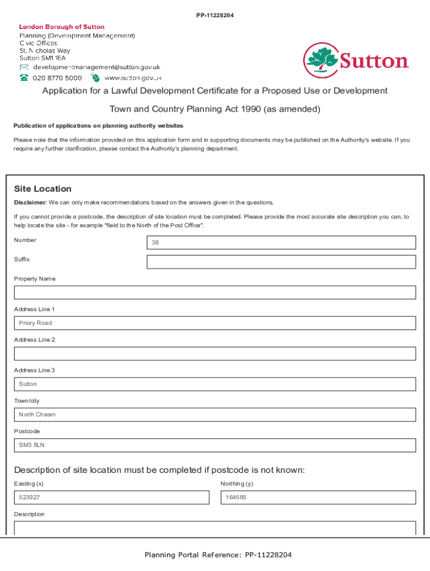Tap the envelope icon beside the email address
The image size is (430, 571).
[x=25, y=67]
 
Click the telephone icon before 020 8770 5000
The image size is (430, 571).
[x=25, y=78]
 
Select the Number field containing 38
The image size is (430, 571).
[x=281, y=243]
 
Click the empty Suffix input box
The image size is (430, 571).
[x=281, y=262]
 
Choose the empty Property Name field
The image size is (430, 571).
[x=215, y=292]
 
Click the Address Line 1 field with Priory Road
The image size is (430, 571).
[x=215, y=323]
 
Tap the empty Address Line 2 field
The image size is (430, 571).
[x=215, y=354]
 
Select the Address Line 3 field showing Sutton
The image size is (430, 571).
[x=215, y=384]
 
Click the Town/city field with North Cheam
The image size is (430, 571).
[x=215, y=414]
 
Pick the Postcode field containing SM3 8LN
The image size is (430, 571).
[x=215, y=445]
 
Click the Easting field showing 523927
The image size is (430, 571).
[x=112, y=497]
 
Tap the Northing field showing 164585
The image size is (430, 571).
[x=318, y=497]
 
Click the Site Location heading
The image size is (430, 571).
[x=43, y=189]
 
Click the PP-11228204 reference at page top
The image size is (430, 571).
[x=215, y=15]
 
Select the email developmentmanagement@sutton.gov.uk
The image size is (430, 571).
[x=97, y=67]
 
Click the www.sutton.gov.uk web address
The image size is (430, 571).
[x=133, y=78]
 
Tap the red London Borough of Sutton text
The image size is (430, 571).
[x=61, y=27]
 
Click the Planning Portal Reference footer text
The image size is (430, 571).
[x=218, y=555]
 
